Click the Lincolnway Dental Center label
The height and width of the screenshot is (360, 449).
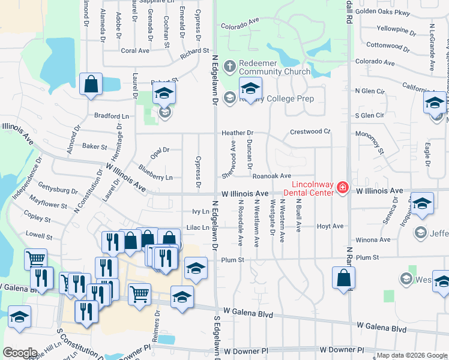pyautogui.click(x=312, y=188)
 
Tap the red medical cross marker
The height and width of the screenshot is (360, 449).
pyautogui.click(x=342, y=188)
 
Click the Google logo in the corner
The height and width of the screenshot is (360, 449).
pyautogui.click(x=20, y=353)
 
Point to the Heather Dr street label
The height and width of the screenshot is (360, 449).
pyautogui.click(x=238, y=133)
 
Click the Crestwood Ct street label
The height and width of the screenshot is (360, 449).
pyautogui.click(x=310, y=131)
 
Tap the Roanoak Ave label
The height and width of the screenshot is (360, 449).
pyautogui.click(x=271, y=176)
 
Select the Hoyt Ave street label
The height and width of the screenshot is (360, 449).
pyautogui.click(x=330, y=226)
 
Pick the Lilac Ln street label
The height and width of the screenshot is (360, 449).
pyautogui.click(x=197, y=227)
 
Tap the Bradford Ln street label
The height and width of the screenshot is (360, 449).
pyautogui.click(x=111, y=115)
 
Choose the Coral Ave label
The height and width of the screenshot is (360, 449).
pyautogui.click(x=135, y=51)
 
